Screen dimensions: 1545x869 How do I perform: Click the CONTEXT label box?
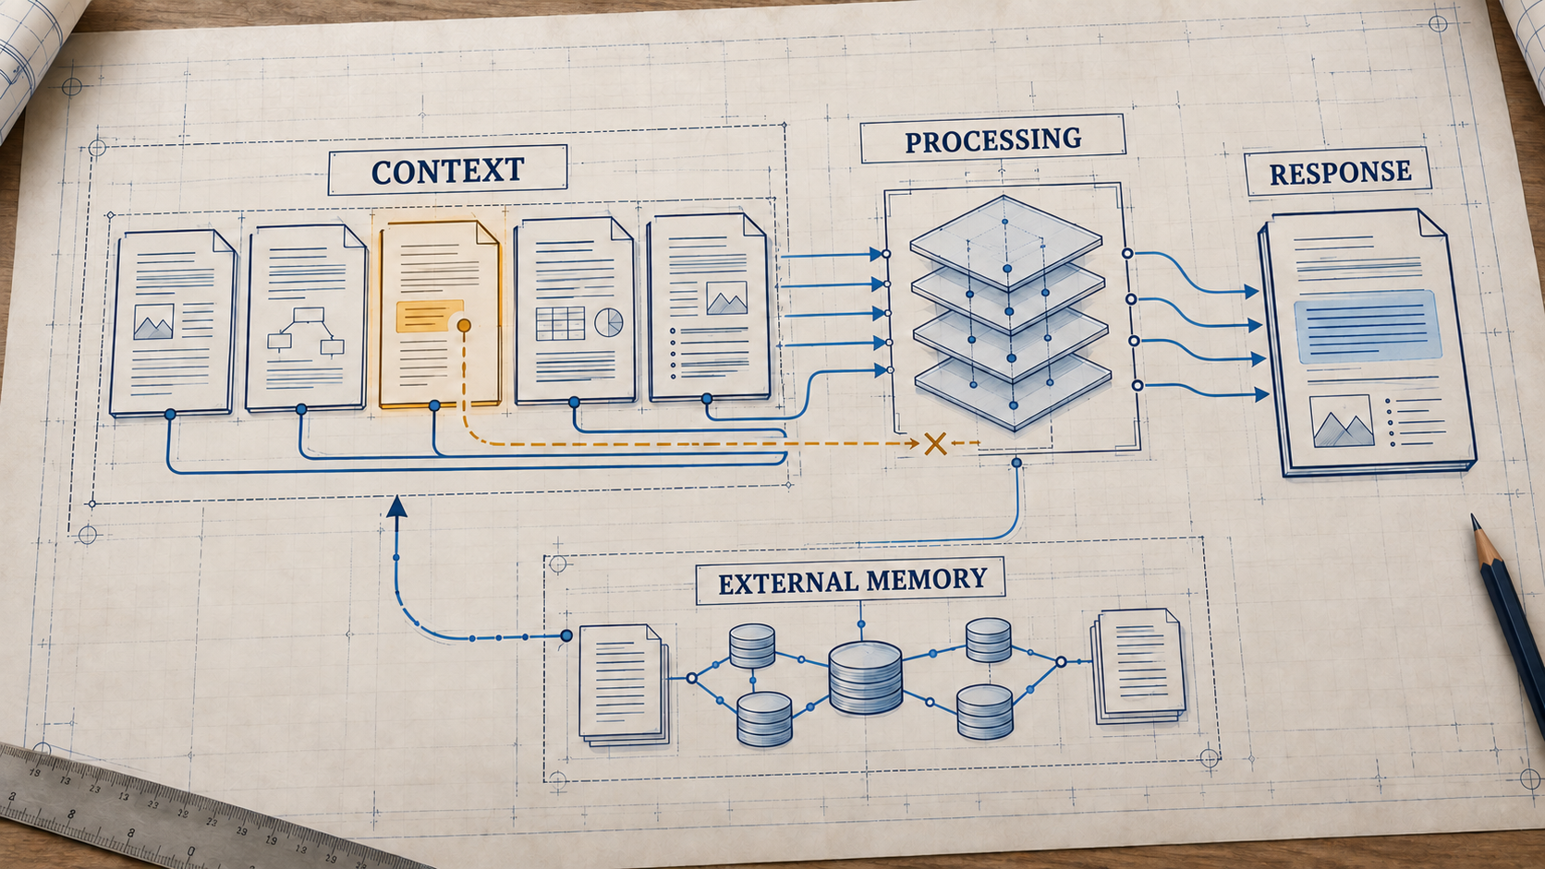[448, 170]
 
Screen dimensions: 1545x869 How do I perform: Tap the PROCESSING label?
[992, 139]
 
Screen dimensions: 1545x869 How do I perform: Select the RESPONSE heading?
[1340, 173]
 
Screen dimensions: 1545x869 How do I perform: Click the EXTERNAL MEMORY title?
[853, 581]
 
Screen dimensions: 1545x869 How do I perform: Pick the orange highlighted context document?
[440, 314]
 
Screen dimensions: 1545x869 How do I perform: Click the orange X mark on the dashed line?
[934, 444]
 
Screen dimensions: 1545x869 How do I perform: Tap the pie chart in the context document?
[608, 321]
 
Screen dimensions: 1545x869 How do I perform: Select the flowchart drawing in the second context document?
[306, 332]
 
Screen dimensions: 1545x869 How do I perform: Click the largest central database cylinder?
[865, 677]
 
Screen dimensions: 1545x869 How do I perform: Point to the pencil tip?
[1473, 517]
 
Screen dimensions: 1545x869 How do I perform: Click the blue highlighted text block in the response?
[1368, 327]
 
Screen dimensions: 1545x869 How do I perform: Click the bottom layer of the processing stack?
[1013, 392]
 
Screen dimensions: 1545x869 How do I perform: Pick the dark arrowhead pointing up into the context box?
[396, 506]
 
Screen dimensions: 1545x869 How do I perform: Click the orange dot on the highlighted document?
[464, 325]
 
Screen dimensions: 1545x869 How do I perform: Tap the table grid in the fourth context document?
[560, 323]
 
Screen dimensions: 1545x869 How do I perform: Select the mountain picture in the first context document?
[153, 321]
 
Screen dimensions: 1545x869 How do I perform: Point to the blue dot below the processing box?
[1016, 463]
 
